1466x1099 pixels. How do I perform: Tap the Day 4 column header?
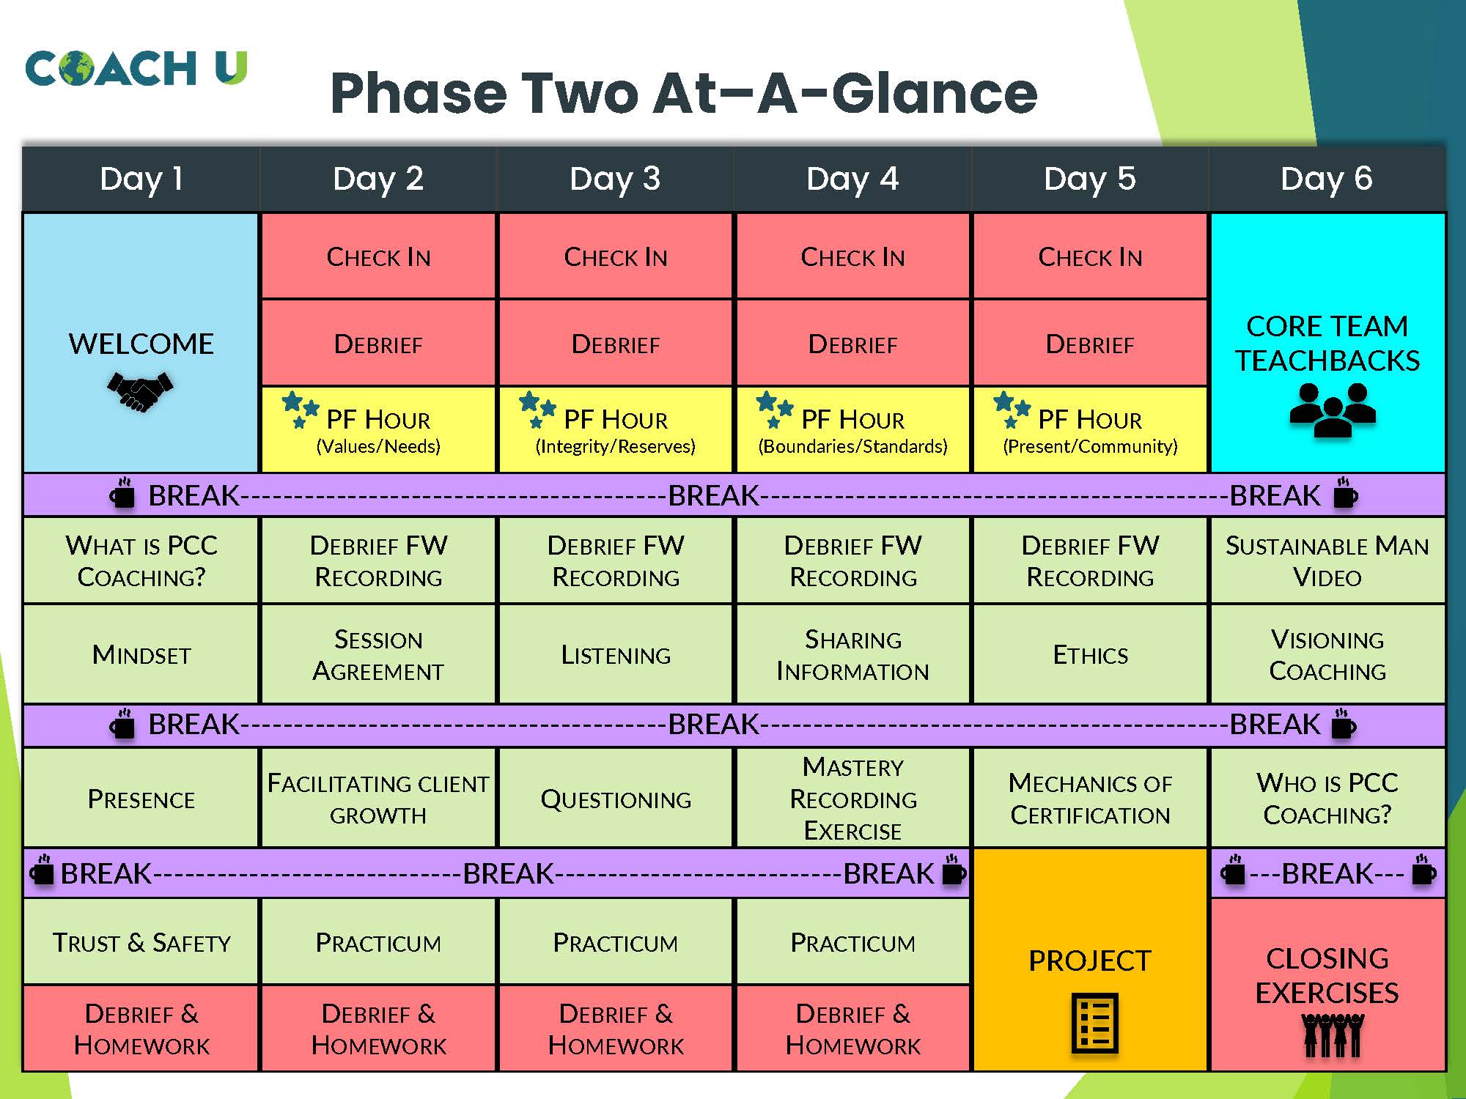pos(852,179)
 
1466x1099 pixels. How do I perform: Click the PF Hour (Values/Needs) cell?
pos(378,430)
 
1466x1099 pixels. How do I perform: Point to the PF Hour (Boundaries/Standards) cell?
pos(852,430)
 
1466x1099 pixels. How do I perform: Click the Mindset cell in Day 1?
pos(141,654)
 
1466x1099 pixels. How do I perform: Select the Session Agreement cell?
pos(378,654)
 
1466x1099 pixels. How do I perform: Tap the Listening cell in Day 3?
pos(616,654)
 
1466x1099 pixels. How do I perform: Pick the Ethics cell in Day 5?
pos(1090,654)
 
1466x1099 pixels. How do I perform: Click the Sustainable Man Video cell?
pos(1327,560)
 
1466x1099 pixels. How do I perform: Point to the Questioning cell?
pos(616,798)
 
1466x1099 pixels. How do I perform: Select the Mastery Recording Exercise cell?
pos(852,798)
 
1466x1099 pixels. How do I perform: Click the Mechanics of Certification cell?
pos(1090,798)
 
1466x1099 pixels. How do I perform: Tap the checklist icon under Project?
pos(1094,1023)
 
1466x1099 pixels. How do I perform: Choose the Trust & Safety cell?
pos(141,941)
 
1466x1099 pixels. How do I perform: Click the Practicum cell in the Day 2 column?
pos(378,941)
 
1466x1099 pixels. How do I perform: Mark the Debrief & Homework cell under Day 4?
pos(852,1029)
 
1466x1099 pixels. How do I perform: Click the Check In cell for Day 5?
pos(1090,256)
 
